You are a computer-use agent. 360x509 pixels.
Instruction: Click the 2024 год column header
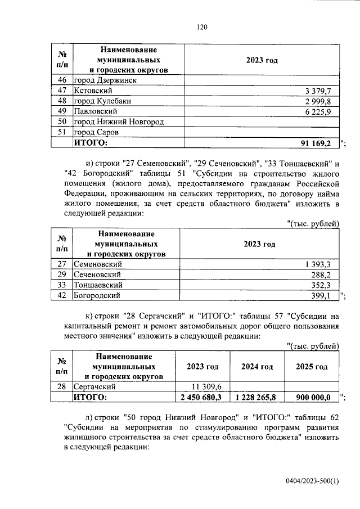tap(257, 367)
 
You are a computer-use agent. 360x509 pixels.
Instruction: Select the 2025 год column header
tap(312, 367)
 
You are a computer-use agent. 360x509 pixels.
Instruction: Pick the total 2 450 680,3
tap(202, 397)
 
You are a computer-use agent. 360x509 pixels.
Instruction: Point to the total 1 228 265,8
tap(257, 397)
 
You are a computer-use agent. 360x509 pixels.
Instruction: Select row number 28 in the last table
tap(62, 387)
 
